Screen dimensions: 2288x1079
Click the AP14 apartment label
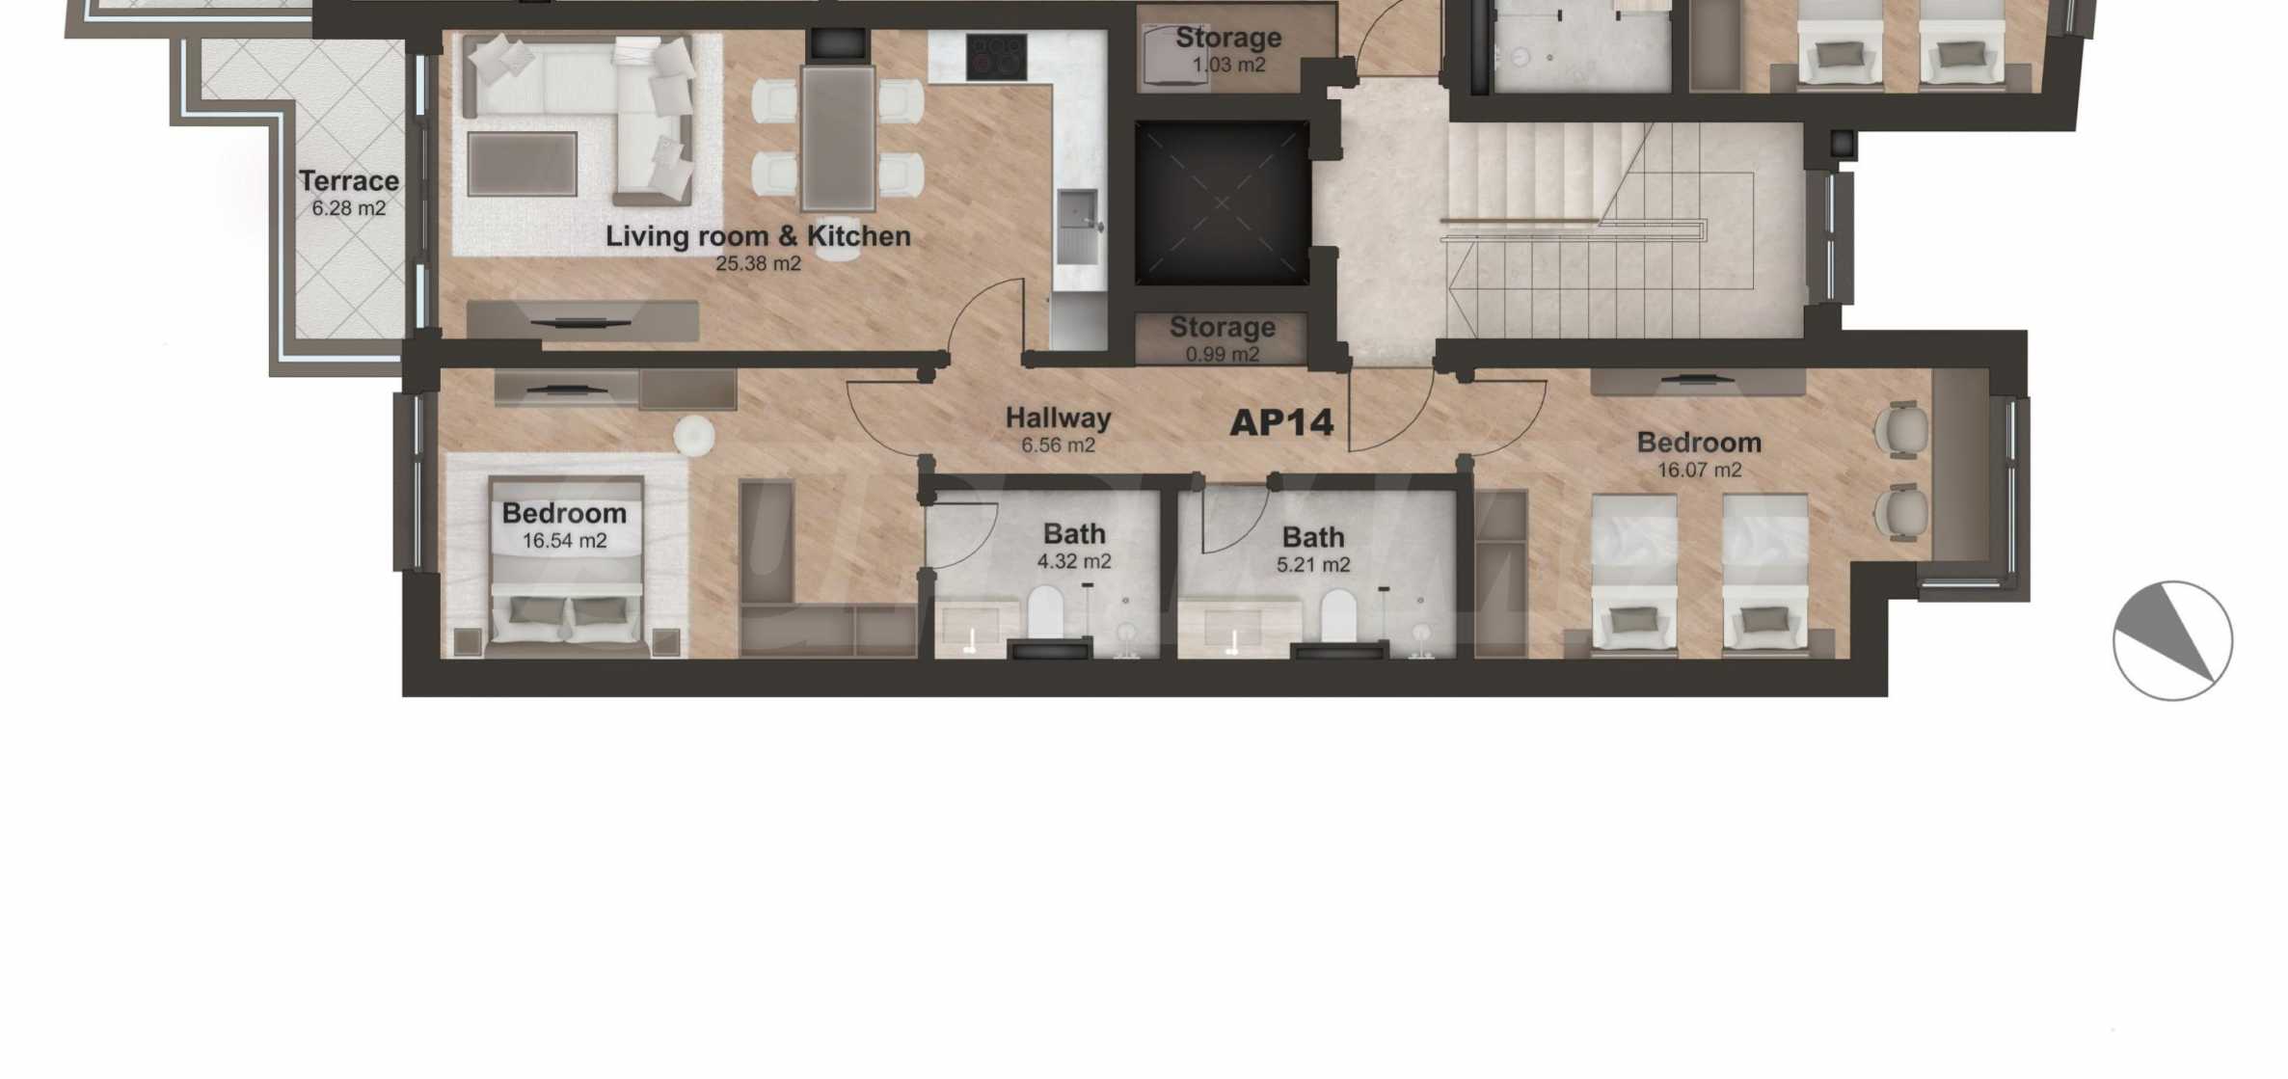tap(1281, 422)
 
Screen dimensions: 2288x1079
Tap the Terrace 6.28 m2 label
tap(348, 193)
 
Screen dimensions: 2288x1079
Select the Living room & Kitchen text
tap(758, 236)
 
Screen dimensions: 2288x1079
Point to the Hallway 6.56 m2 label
tap(1058, 430)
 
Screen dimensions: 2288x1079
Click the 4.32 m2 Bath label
tap(1074, 547)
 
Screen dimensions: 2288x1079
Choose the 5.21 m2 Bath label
tap(1313, 550)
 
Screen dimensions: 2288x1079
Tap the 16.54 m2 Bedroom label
tap(564, 526)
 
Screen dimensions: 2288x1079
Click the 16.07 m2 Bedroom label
tap(1699, 455)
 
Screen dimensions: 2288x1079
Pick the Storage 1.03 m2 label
tap(1228, 50)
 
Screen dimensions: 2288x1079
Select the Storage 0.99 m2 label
tap(1223, 339)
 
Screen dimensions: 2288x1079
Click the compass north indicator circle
tap(2172, 641)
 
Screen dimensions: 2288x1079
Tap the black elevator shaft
tap(1222, 202)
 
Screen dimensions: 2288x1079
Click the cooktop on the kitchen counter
tap(996, 57)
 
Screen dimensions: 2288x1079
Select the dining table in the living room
tap(838, 137)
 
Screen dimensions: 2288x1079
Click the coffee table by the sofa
tap(522, 164)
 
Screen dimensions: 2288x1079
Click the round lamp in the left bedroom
tap(693, 436)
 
